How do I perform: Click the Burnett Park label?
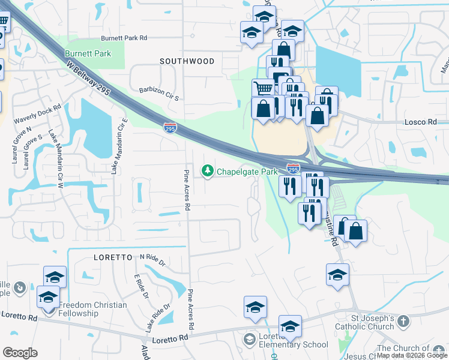[x=88, y=53]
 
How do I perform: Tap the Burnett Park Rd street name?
[x=124, y=38]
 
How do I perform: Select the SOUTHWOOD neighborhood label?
[x=187, y=61]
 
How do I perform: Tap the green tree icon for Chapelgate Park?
[x=208, y=172]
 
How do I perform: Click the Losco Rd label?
[x=424, y=121]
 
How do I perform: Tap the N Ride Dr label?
[x=152, y=259]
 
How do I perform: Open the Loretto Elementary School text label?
[x=293, y=341]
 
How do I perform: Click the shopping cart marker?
[x=263, y=88]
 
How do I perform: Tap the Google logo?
[x=20, y=353]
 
